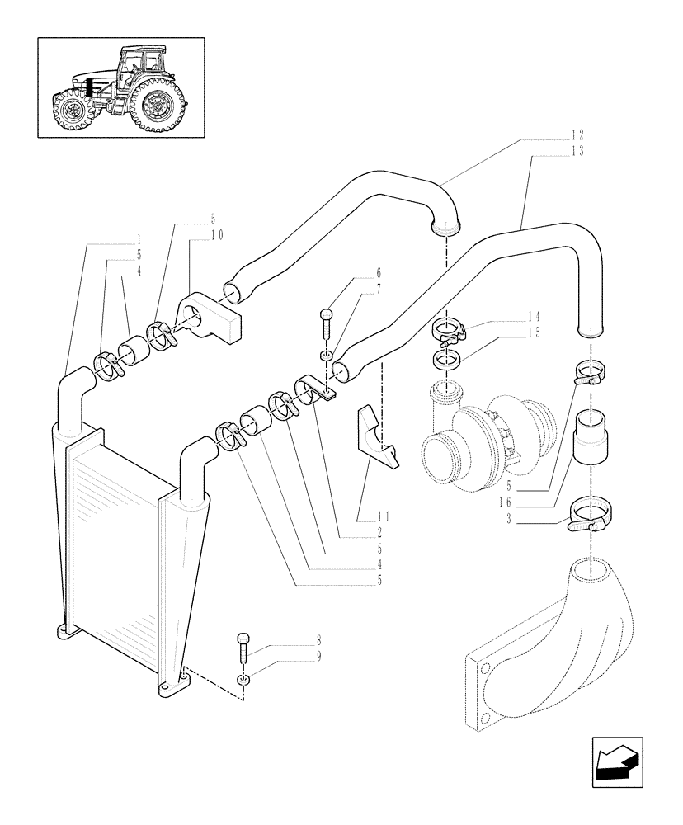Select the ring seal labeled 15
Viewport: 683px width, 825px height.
point(446,360)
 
